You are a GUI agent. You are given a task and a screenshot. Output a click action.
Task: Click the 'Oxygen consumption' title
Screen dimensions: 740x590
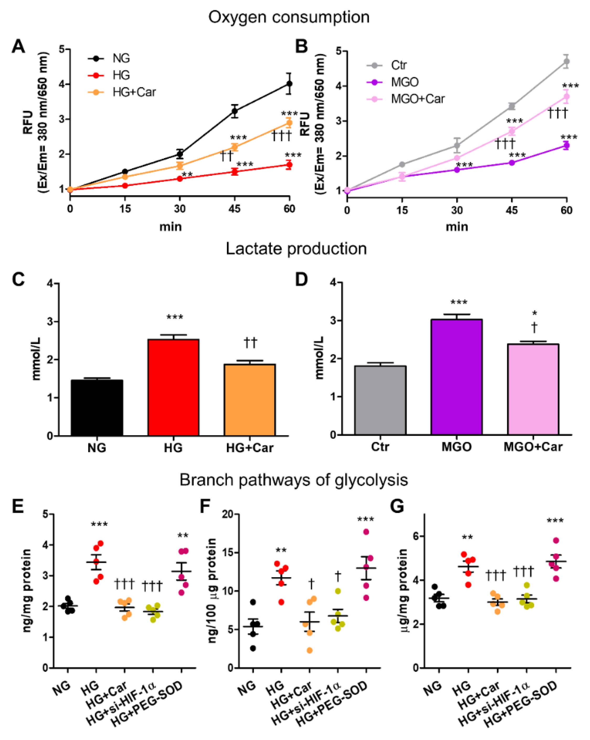289,17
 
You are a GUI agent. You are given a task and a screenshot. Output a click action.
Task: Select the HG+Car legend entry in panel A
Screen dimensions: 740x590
134,92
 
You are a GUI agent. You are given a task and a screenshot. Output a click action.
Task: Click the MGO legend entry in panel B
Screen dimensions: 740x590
405,82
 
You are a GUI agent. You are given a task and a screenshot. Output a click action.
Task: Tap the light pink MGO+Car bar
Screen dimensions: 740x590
533,389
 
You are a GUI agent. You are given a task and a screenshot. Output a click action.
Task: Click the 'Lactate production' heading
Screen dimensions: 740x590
296,249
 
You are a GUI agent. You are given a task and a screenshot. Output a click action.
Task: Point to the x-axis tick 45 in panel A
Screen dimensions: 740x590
234,209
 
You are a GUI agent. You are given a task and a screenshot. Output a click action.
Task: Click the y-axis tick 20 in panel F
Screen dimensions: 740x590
227,514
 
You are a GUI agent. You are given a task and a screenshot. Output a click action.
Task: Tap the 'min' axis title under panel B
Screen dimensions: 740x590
456,227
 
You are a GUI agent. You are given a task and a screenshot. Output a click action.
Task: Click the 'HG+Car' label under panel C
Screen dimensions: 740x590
250,448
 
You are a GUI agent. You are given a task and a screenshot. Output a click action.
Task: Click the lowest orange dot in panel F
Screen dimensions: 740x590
309,650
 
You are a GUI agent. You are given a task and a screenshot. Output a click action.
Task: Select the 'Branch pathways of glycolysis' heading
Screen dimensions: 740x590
294,480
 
